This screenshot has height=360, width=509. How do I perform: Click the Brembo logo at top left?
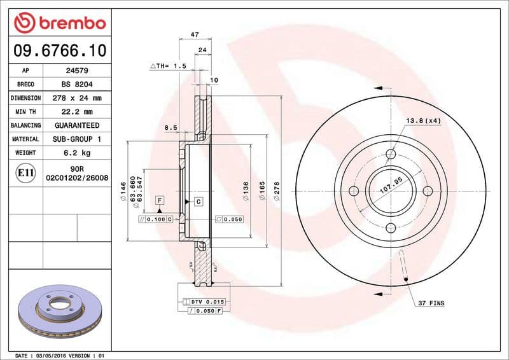point(59,23)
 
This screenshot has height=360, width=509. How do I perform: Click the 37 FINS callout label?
point(432,303)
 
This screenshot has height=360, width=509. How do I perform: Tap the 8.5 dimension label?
point(171,128)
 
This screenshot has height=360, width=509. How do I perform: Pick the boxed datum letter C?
point(199,202)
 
